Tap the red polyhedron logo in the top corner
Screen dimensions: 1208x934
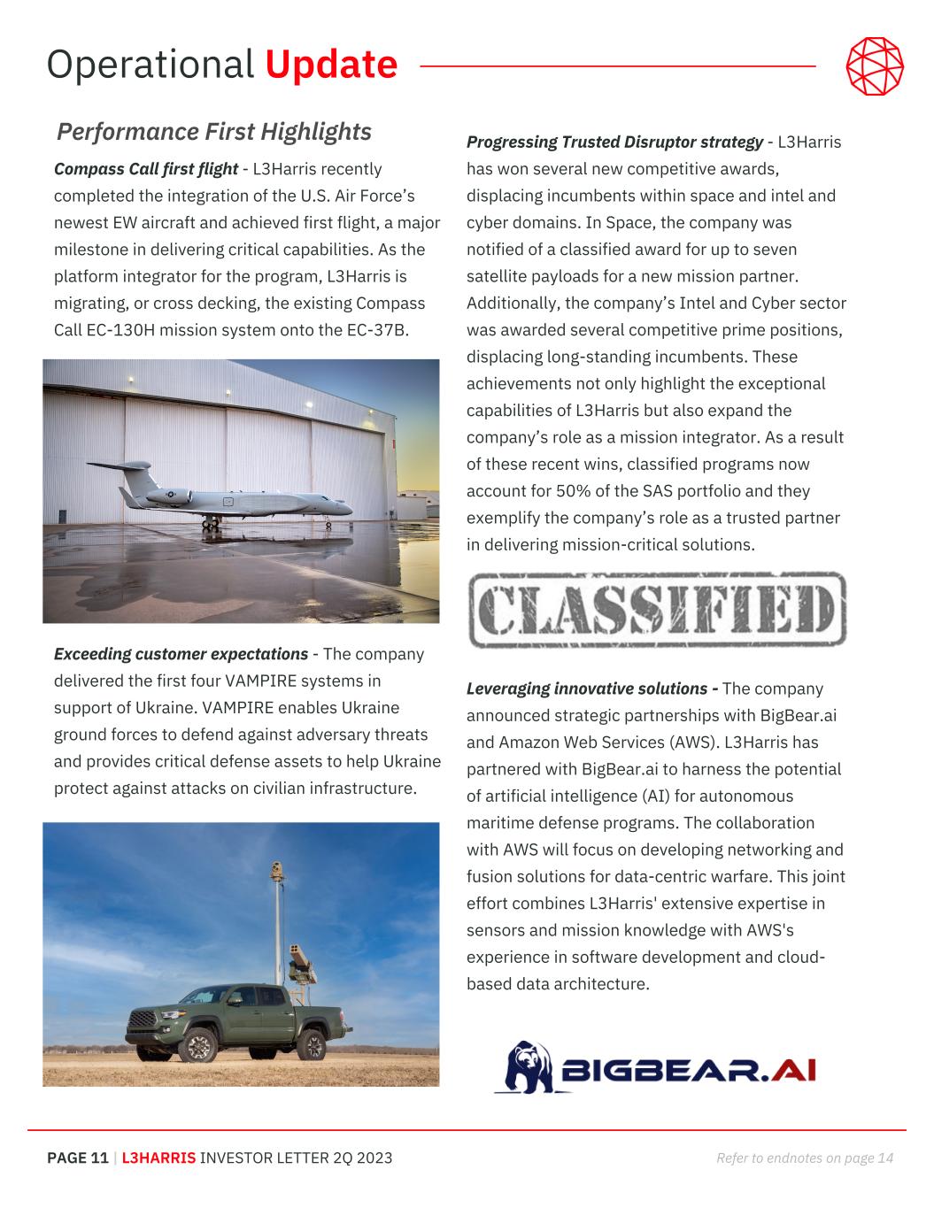pyautogui.click(x=875, y=65)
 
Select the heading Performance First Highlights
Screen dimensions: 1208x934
pyautogui.click(x=214, y=132)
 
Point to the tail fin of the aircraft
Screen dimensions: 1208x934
pyautogui.click(x=135, y=480)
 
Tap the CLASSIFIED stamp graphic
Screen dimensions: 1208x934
pyautogui.click(x=656, y=609)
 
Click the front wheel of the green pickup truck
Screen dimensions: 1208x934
pyautogui.click(x=197, y=1049)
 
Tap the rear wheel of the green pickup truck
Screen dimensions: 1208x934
pyautogui.click(x=312, y=1046)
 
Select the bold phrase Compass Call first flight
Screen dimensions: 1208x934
pyautogui.click(x=146, y=169)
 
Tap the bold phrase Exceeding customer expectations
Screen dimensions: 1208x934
pyautogui.click(x=181, y=655)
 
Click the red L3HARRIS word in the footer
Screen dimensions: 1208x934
pyautogui.click(x=159, y=1158)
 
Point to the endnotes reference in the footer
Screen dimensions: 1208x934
pyautogui.click(x=804, y=1158)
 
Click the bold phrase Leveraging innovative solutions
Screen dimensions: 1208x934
pyautogui.click(x=592, y=689)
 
